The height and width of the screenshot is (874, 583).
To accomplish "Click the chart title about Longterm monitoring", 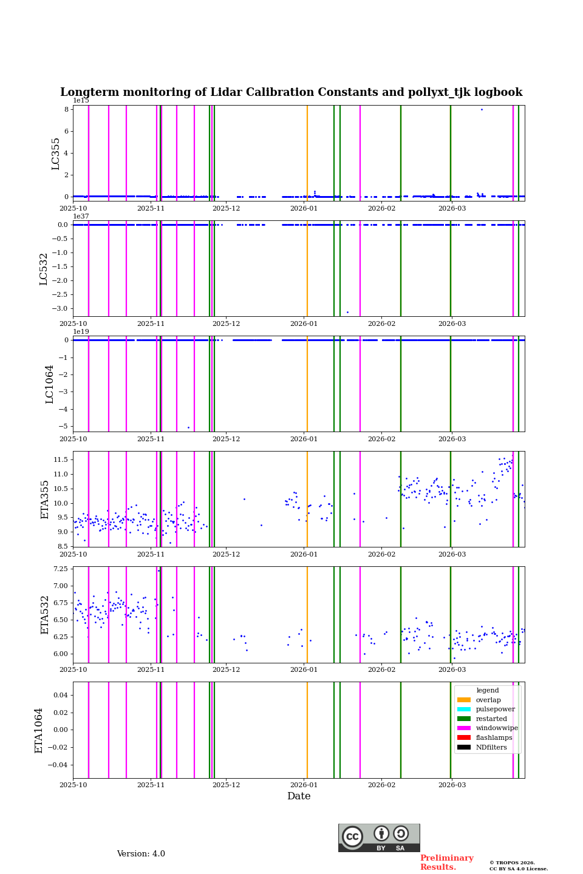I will tap(291, 92).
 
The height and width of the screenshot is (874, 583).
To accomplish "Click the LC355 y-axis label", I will tap(56, 154).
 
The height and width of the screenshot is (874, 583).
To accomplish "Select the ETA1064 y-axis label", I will tap(39, 730).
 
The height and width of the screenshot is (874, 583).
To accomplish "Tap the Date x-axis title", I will tap(299, 796).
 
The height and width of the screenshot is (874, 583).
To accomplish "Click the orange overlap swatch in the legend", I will tap(464, 700).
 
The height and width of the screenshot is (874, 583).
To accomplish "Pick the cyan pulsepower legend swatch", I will tap(464, 709).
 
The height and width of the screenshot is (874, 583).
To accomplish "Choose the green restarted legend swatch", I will tap(464, 719).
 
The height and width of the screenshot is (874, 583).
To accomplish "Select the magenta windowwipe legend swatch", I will tap(464, 728).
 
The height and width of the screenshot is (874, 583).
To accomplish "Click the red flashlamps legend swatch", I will tap(464, 737).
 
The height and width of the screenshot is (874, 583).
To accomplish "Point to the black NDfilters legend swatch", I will tap(464, 747).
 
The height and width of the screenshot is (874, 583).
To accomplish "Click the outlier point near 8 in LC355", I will tap(482, 109).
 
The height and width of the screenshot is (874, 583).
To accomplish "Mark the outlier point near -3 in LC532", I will tap(347, 312).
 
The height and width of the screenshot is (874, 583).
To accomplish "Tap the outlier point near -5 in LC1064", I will tap(188, 427).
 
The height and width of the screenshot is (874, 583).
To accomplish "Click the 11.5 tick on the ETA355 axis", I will tap(60, 459).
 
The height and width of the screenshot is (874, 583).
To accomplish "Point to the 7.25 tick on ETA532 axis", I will tap(60, 569).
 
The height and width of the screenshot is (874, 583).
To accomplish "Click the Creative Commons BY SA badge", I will tap(379, 838).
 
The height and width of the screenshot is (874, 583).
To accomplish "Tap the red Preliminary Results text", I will tap(446, 862).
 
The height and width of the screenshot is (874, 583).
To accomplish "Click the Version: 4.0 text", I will tap(141, 854).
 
